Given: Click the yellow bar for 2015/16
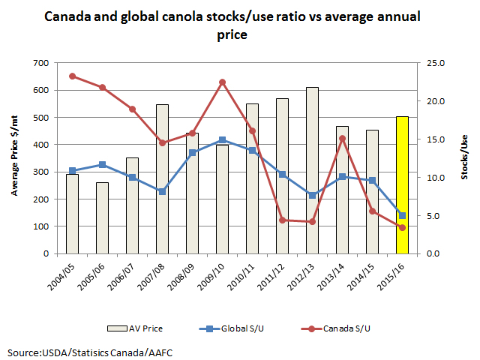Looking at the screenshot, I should pyautogui.click(x=402, y=184).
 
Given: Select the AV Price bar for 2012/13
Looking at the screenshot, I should pyautogui.click(x=312, y=170).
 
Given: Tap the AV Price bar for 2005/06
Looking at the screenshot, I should pyautogui.click(x=102, y=217).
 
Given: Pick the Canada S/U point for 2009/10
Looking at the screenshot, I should pyautogui.click(x=222, y=82).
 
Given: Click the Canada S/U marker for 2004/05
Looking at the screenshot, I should pyautogui.click(x=72, y=76).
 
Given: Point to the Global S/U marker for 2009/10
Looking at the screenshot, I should pyautogui.click(x=222, y=140).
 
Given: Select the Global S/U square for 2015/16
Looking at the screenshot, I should pyautogui.click(x=402, y=215).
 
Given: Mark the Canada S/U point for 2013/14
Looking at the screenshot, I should pyautogui.click(x=342, y=138).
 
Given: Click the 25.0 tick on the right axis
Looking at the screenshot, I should pyautogui.click(x=434, y=63).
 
